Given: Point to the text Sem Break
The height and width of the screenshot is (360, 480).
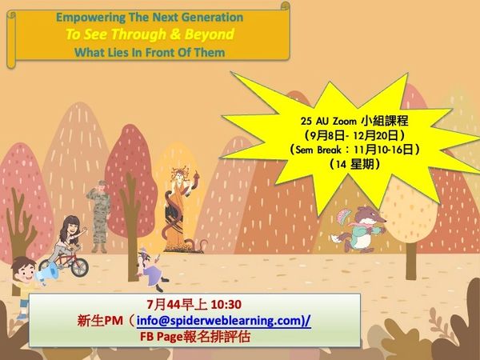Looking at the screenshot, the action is (x=318, y=150).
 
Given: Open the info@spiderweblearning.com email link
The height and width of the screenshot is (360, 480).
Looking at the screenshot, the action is (x=219, y=321).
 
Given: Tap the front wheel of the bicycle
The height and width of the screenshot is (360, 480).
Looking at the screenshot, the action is (x=79, y=267).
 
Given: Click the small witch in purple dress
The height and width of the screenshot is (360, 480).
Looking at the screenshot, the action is (x=151, y=269).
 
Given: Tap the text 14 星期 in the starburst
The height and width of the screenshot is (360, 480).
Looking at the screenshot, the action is (x=354, y=164).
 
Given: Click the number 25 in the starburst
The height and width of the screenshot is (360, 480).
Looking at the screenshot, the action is (x=306, y=122).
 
